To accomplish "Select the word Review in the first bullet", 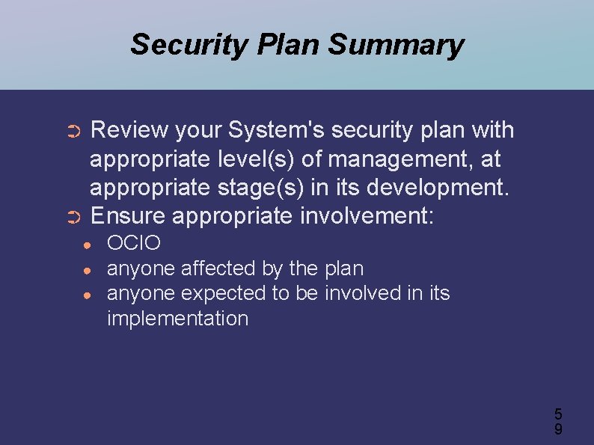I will point(129,130).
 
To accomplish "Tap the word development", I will point(438,188).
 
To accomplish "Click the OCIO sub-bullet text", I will point(134,243).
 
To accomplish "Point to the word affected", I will point(219,268).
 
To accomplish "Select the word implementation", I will point(177,319).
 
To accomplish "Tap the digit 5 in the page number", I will point(558,414).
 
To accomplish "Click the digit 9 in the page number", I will point(558,429).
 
